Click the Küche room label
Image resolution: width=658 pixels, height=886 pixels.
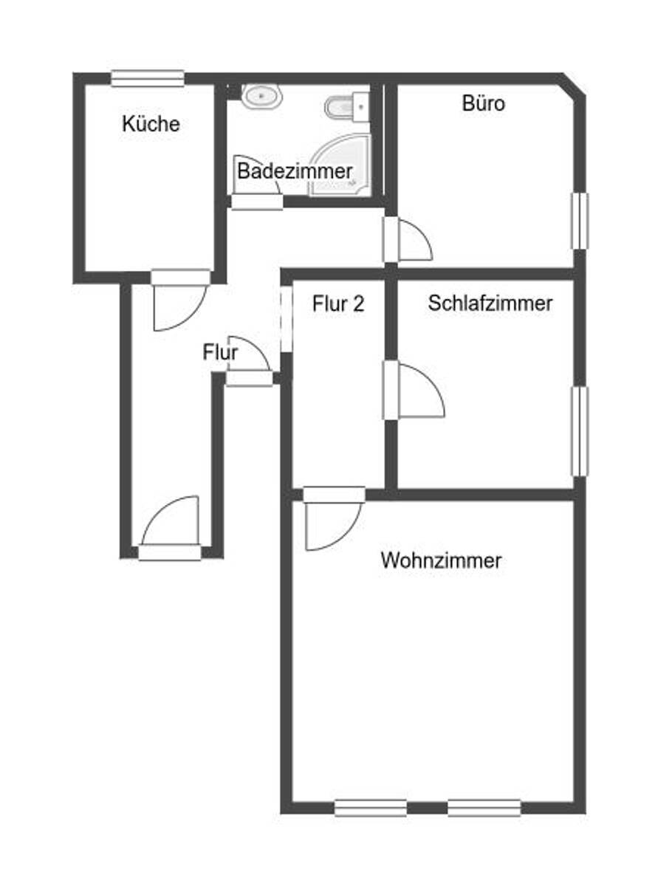point(151,123)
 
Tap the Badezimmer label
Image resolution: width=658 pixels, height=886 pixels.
point(295,171)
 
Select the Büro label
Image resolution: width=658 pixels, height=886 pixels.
point(484,103)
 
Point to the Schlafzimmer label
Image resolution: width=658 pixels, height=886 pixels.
point(490,303)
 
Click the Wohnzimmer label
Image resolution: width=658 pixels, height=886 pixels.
point(441,560)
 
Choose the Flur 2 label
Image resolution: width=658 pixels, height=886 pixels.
point(338,304)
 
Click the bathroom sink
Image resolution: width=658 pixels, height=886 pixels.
point(262,95)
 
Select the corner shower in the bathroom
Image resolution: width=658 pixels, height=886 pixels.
point(340,166)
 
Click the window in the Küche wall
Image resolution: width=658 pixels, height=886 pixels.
point(148,78)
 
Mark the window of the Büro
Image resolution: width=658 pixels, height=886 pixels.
point(581,221)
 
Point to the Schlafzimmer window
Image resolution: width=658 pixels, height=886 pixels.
point(581,430)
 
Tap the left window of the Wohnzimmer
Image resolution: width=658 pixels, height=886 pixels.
point(371,807)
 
